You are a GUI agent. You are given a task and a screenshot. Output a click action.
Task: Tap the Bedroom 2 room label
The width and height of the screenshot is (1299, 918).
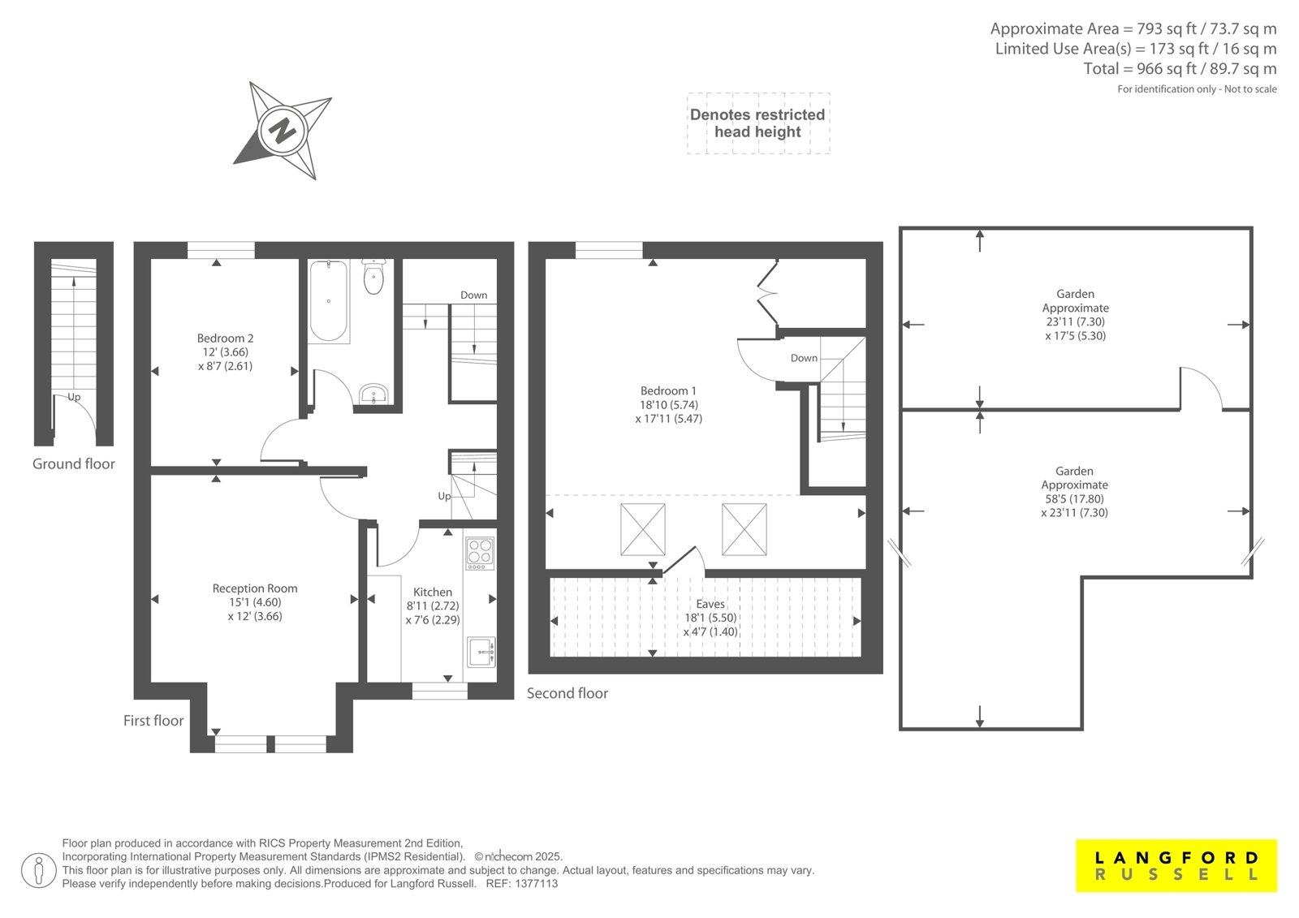coord(225,338)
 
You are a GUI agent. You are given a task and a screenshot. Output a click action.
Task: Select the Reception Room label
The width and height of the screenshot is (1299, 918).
coord(255,588)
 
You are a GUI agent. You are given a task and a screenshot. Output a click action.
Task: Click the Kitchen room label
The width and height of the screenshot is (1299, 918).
coord(432,592)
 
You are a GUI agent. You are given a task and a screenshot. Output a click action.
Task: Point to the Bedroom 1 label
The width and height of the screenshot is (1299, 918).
coord(668,391)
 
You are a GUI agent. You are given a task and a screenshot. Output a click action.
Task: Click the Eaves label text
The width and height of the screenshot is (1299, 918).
coord(710,604)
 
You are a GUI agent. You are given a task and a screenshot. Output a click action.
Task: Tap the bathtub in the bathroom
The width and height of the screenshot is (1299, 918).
coord(329,301)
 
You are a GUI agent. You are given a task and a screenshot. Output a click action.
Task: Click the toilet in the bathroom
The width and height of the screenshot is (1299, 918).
coord(374,277)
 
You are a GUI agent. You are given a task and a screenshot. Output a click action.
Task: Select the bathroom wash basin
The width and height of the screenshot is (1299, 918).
coord(373,394)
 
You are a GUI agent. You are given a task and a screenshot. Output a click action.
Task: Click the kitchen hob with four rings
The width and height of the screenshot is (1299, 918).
coord(480,553)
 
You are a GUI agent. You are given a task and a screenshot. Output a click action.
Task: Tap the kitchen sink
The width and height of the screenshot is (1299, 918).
coord(481,652)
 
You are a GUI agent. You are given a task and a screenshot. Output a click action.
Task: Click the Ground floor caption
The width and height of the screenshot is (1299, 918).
coord(74,464)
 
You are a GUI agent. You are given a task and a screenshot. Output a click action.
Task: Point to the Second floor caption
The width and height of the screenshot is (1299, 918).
coord(568,693)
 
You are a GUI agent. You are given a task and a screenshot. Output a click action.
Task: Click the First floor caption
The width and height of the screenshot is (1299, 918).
coord(153,720)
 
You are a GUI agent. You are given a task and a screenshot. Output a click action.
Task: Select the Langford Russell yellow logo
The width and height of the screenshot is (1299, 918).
coord(1176,865)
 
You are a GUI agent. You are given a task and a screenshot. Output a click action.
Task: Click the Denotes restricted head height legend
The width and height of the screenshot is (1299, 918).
coord(757,123)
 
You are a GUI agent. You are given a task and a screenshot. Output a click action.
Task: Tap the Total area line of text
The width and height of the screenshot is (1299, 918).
coord(1180,69)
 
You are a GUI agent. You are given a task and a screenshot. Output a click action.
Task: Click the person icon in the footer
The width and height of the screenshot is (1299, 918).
coord(38,871)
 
